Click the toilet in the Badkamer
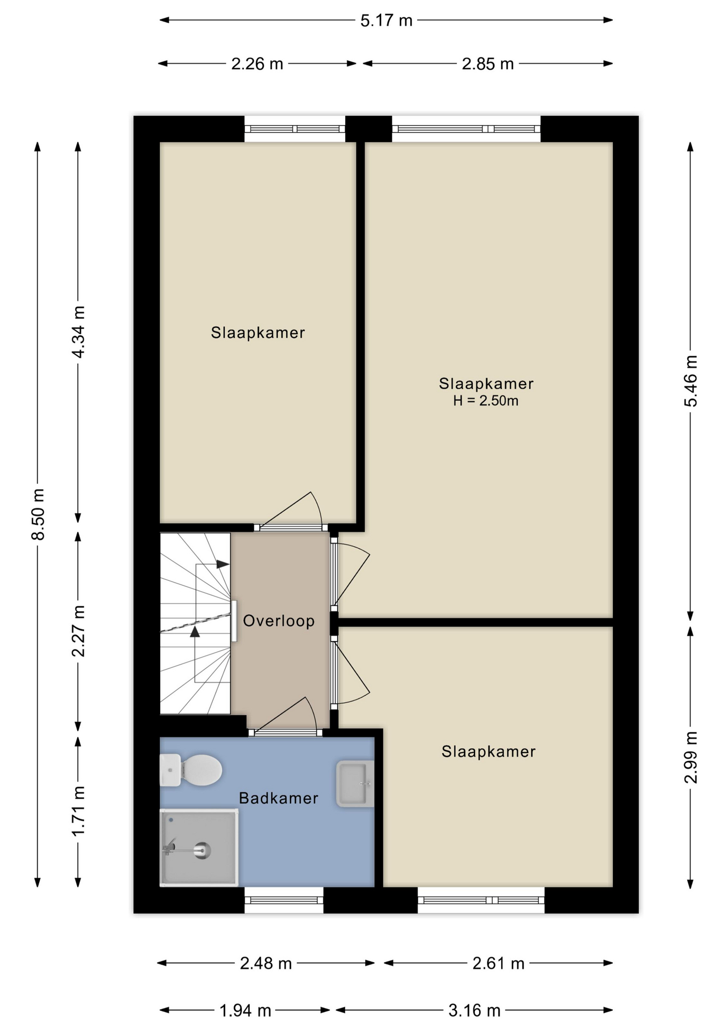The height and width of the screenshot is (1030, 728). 191,770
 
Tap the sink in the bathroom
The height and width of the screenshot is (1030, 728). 355,784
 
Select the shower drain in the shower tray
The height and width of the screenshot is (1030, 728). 202,850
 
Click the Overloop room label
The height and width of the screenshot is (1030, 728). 279,621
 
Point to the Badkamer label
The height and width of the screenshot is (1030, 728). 279,798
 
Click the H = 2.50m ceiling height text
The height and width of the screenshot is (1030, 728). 486,401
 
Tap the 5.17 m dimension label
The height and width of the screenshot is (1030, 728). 387,20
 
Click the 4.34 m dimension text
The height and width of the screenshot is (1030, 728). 78,332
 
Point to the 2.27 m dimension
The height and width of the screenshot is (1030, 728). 78,630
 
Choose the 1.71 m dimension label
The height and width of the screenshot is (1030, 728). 78,811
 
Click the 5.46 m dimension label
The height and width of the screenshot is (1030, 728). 690,381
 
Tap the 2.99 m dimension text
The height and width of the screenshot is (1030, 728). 690,757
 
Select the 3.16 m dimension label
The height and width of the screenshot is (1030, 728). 474,1011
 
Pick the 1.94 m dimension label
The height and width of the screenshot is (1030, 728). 245,1011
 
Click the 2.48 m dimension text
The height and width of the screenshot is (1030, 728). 266,963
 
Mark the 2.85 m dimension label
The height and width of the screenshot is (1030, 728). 488,64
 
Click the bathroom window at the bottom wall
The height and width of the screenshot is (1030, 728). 284,900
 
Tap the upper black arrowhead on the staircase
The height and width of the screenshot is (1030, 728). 223,564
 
